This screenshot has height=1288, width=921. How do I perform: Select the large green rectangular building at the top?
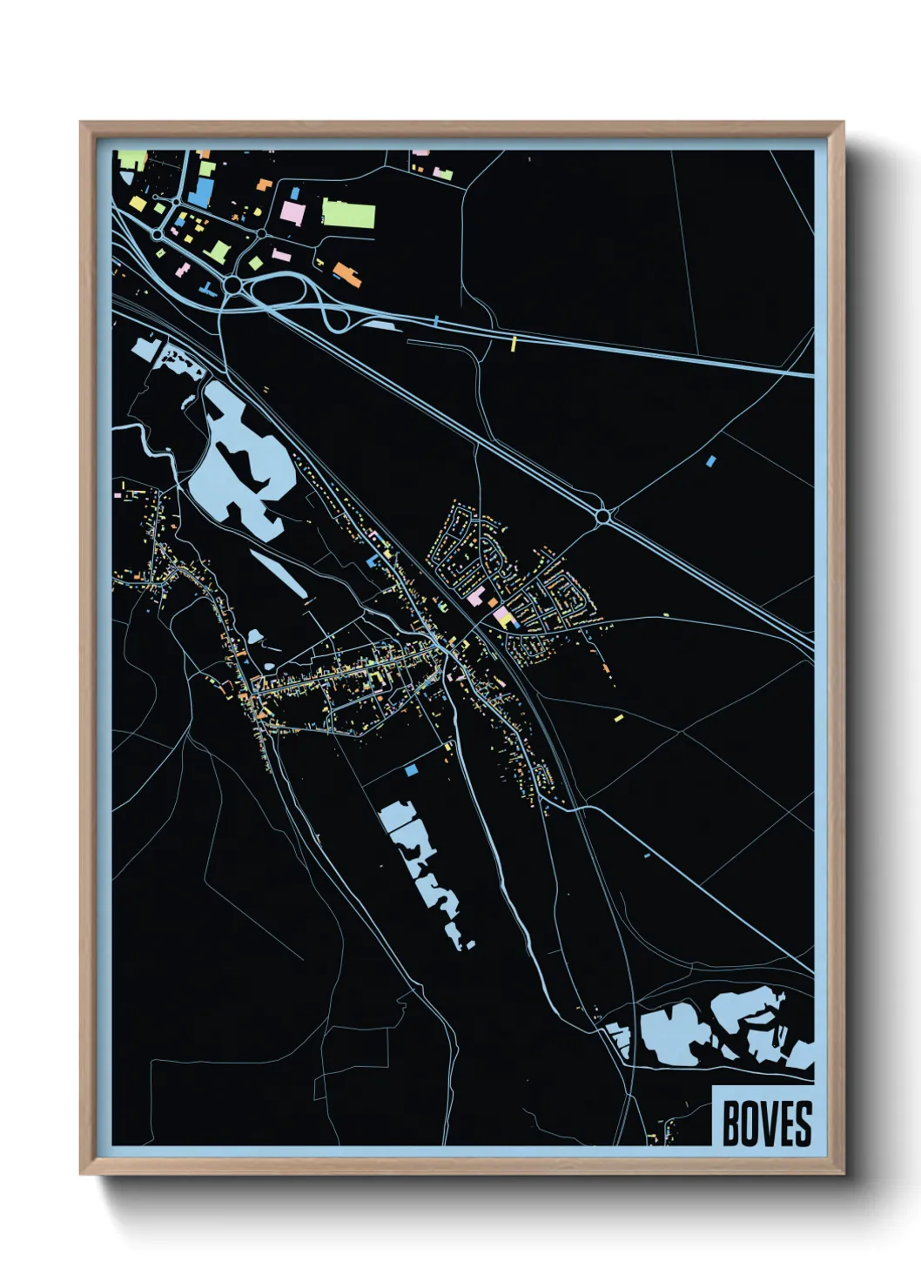coord(349,213)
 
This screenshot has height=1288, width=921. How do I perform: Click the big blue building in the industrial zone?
coord(200,192)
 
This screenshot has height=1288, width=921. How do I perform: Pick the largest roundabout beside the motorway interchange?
coord(232,285)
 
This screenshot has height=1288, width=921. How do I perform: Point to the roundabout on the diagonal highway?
coord(602,516)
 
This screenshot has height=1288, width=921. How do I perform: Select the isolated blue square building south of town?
coord(411,770)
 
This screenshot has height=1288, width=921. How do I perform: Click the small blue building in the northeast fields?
coord(711,460)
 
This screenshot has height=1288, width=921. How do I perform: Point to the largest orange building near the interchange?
coord(347,274)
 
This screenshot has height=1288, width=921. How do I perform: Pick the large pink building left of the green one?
coord(292,212)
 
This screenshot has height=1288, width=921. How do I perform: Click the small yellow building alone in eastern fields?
coord(619,718)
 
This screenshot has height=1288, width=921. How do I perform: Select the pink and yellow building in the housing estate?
coord(503,617)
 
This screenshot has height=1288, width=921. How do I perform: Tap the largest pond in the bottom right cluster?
coord(672,1036)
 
